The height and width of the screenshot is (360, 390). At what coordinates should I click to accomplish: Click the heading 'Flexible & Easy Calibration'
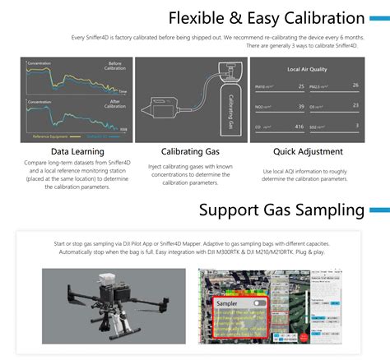(x=267, y=18)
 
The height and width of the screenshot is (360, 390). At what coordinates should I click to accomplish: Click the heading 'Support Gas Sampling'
(x=281, y=210)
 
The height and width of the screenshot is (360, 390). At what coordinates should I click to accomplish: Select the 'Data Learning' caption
(x=77, y=152)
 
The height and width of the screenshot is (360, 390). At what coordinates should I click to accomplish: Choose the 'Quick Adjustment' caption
(x=307, y=152)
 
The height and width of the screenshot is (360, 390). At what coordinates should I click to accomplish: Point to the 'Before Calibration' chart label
(x=115, y=67)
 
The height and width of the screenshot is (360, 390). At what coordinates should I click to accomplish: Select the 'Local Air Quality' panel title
(x=308, y=69)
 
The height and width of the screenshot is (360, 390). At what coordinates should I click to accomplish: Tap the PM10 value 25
(x=301, y=86)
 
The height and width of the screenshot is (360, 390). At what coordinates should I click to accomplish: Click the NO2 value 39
(x=301, y=107)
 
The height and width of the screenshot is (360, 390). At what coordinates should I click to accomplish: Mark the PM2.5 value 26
(x=355, y=85)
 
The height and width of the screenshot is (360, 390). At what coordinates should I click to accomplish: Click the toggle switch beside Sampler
(x=260, y=302)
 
